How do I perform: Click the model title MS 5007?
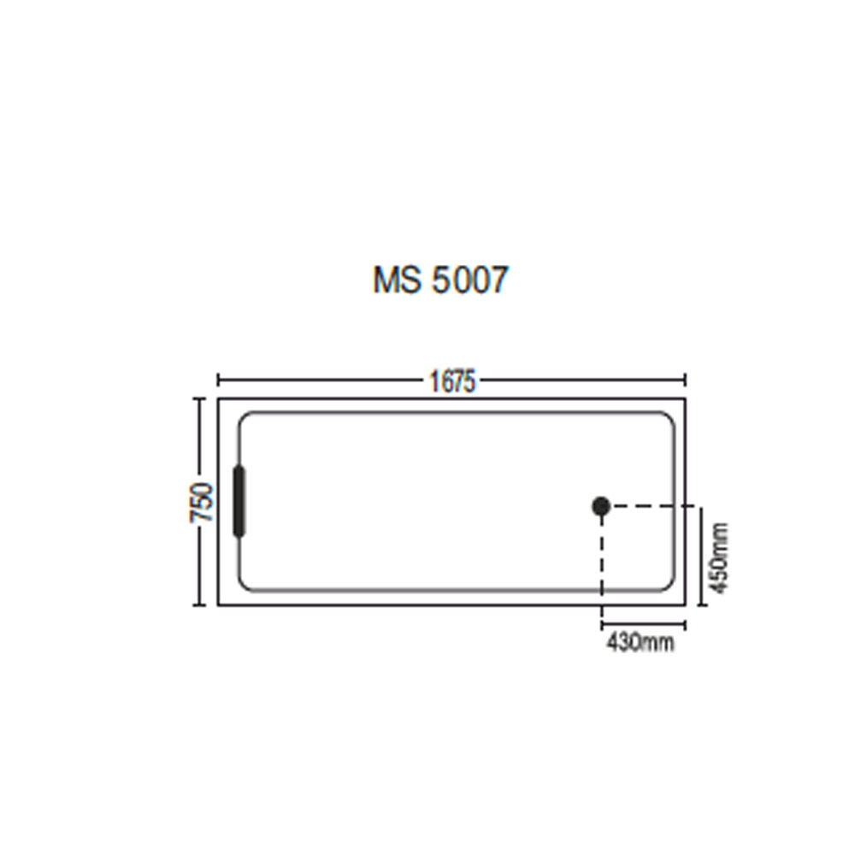coord(440,280)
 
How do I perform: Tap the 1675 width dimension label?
coord(451,381)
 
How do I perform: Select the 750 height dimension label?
coord(202,503)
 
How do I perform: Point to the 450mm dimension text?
coord(720,559)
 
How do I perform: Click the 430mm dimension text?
coord(640,642)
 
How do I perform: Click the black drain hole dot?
coord(601,506)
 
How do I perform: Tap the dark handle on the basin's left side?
coord(239,502)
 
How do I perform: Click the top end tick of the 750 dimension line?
coord(201,398)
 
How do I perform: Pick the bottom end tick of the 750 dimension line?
coord(201,605)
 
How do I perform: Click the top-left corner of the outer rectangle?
coord(219,398)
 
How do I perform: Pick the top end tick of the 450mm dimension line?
coord(701,507)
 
